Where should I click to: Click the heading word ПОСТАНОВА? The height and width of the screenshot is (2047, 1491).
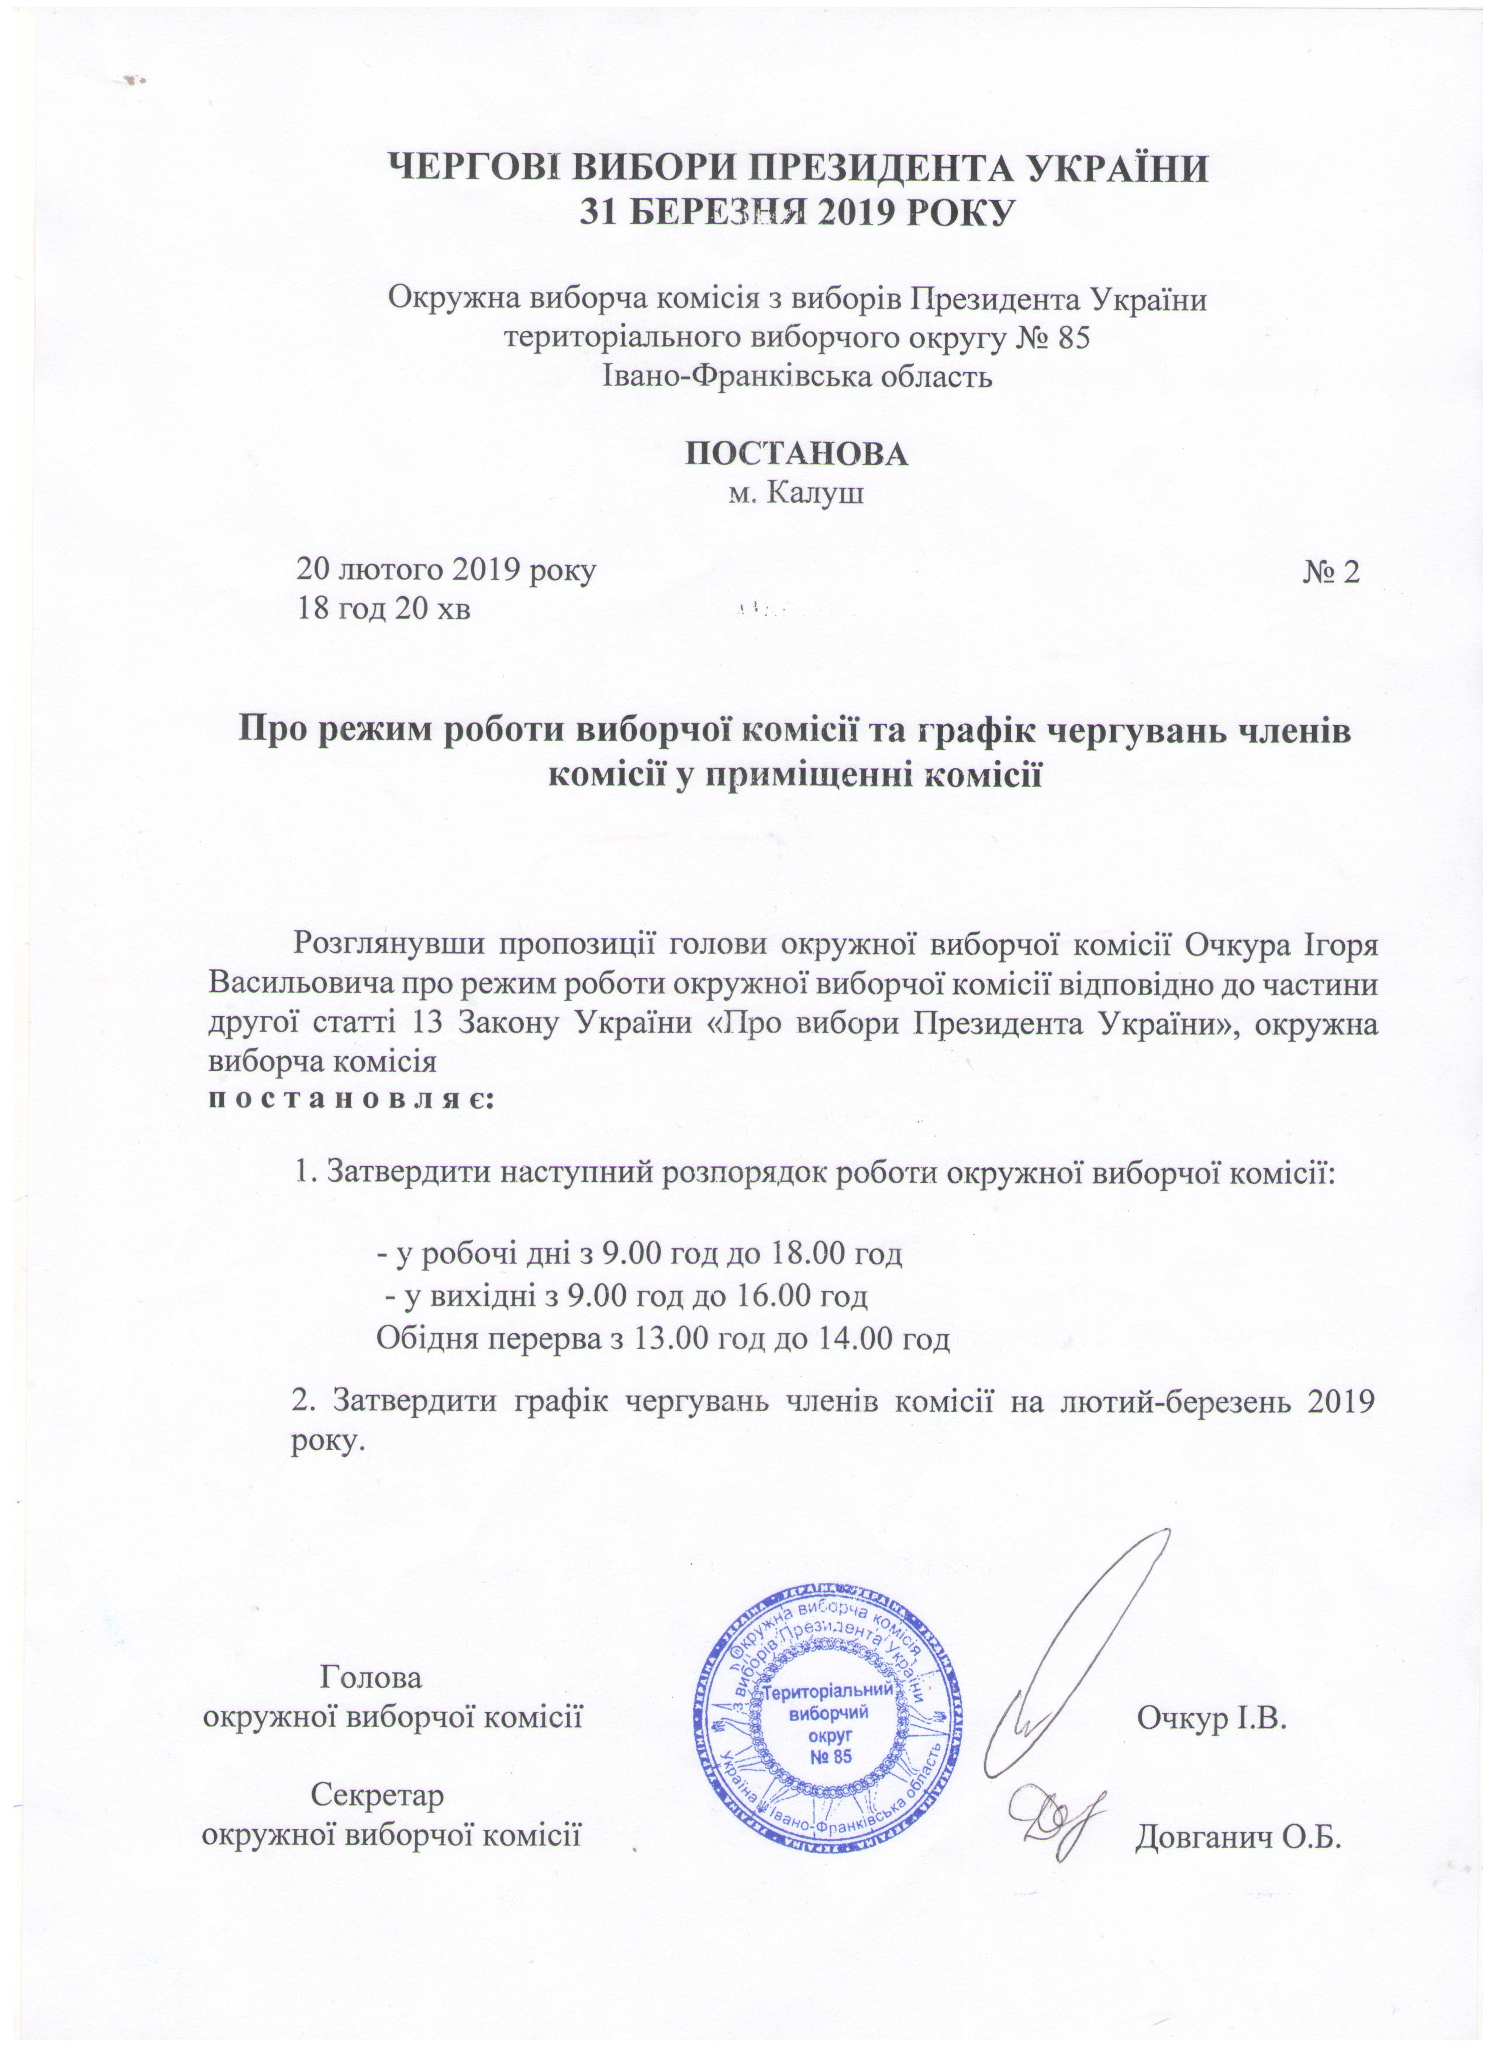[798, 454]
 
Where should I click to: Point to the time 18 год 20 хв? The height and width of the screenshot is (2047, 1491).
[385, 610]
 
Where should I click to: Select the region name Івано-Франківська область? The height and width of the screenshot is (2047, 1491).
[798, 375]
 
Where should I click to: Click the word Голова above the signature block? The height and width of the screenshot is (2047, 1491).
[371, 1676]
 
